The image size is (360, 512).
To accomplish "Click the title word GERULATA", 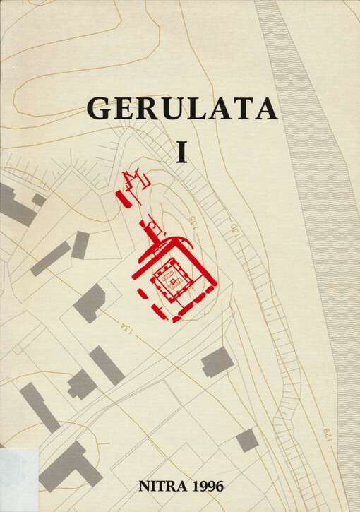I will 182,108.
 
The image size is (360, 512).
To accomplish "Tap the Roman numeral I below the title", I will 182,152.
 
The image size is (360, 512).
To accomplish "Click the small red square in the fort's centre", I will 169,280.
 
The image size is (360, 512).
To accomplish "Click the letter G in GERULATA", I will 99,108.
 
